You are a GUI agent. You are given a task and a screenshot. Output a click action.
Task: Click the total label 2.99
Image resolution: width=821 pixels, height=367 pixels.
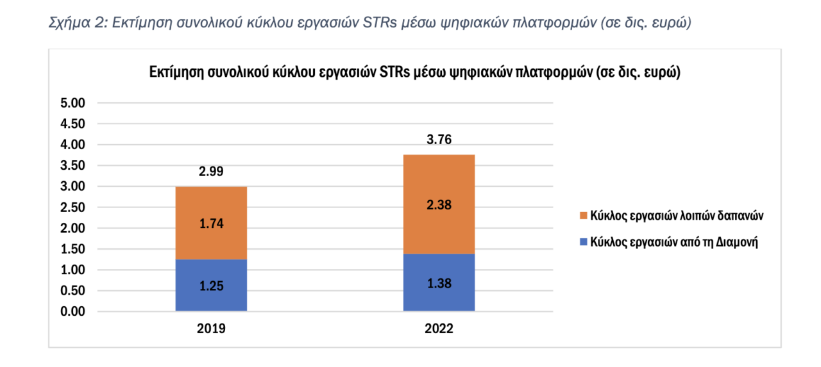(x=211, y=172)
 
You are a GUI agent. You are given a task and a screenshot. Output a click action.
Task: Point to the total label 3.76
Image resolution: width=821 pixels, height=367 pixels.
(x=439, y=140)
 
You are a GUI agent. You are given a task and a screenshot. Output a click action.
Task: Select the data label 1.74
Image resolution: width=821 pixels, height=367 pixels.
(x=211, y=224)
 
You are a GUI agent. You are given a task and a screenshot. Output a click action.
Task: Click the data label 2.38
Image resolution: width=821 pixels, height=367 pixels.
(x=439, y=205)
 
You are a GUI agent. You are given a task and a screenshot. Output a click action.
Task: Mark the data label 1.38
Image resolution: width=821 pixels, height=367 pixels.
(x=439, y=283)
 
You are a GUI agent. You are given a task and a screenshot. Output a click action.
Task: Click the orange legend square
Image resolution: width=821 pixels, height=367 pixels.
(x=583, y=216)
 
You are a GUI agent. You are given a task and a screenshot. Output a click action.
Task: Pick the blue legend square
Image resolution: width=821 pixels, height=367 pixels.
(x=583, y=242)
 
